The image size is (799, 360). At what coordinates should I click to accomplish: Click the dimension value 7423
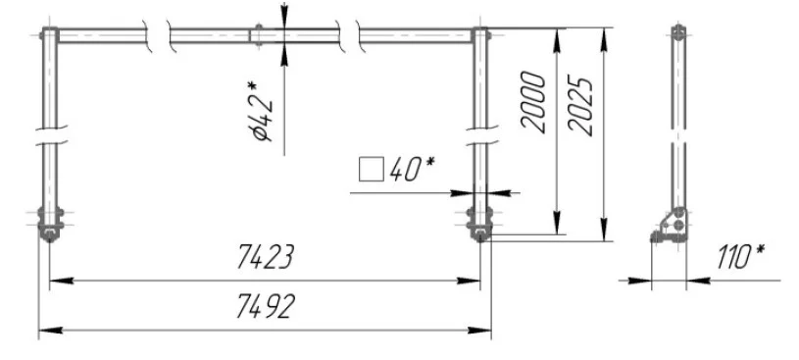265,257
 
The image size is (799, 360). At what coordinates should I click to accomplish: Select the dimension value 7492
266,307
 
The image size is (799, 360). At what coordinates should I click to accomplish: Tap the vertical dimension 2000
533,102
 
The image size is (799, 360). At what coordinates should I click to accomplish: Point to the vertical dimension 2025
580,106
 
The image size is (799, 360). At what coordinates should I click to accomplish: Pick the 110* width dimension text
741,256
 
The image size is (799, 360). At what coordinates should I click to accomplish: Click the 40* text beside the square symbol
412,169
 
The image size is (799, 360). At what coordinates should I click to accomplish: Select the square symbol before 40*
371,170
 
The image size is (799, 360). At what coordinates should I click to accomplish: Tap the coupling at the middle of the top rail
259,35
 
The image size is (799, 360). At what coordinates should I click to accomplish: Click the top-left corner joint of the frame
49,35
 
